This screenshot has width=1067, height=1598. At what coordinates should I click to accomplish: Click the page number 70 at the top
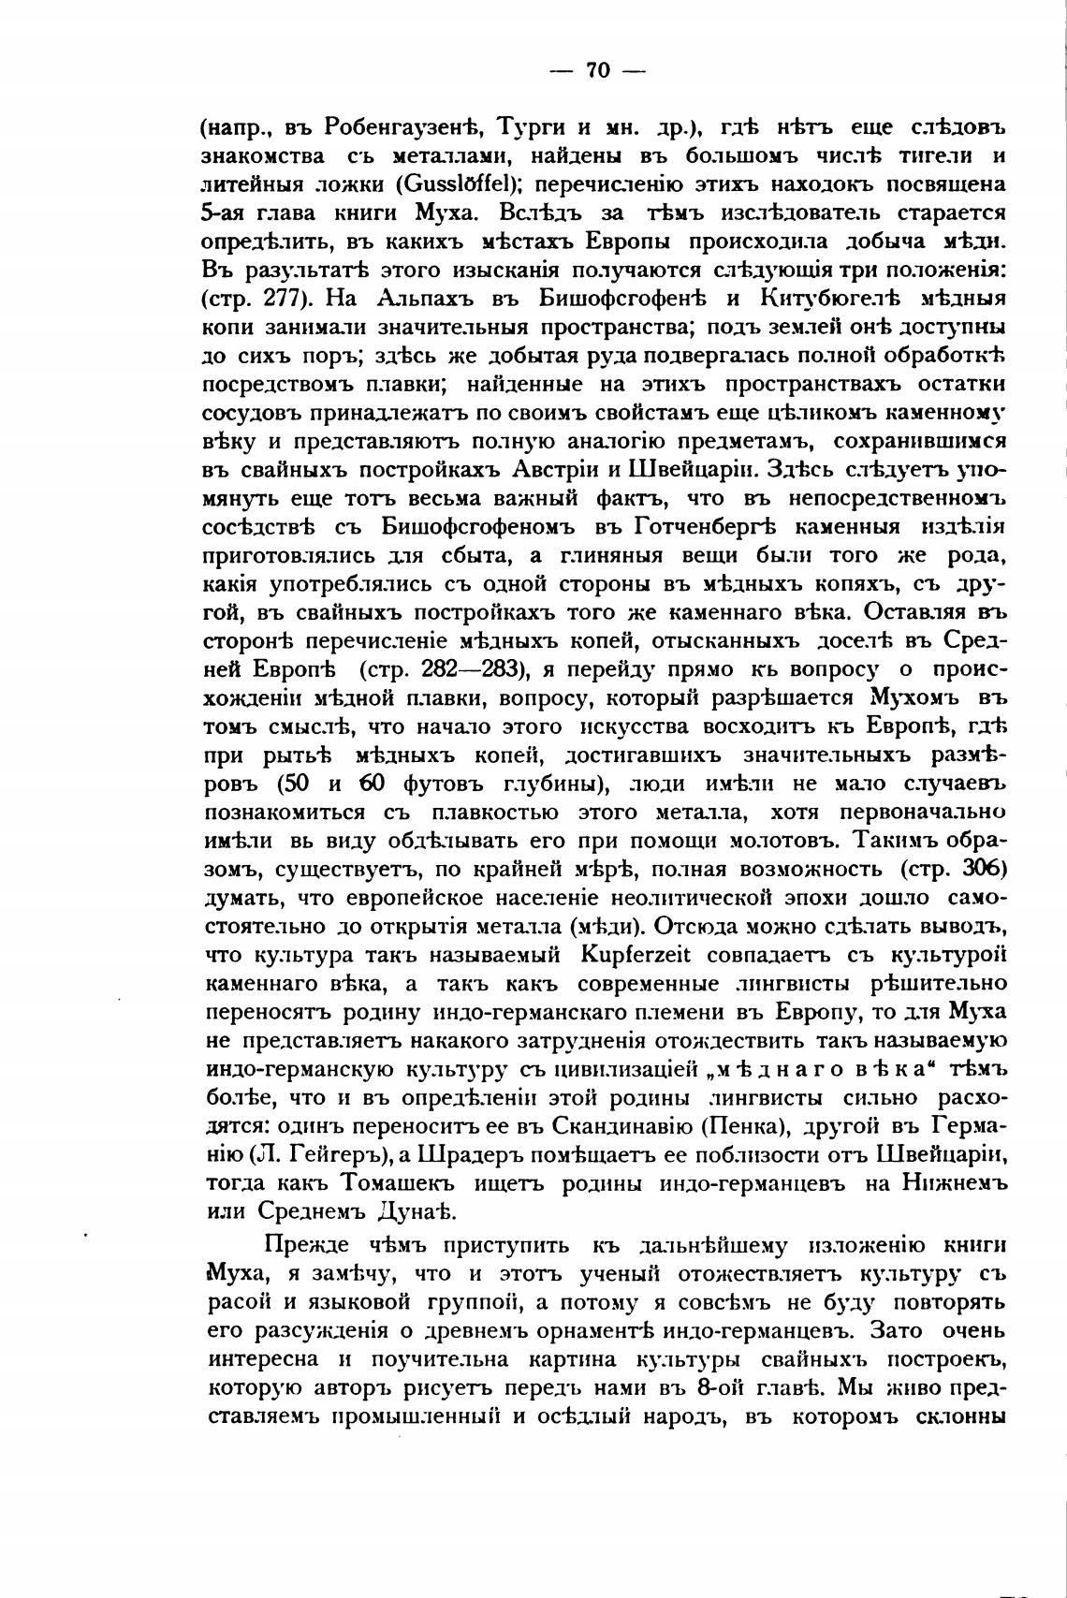tap(598, 71)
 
